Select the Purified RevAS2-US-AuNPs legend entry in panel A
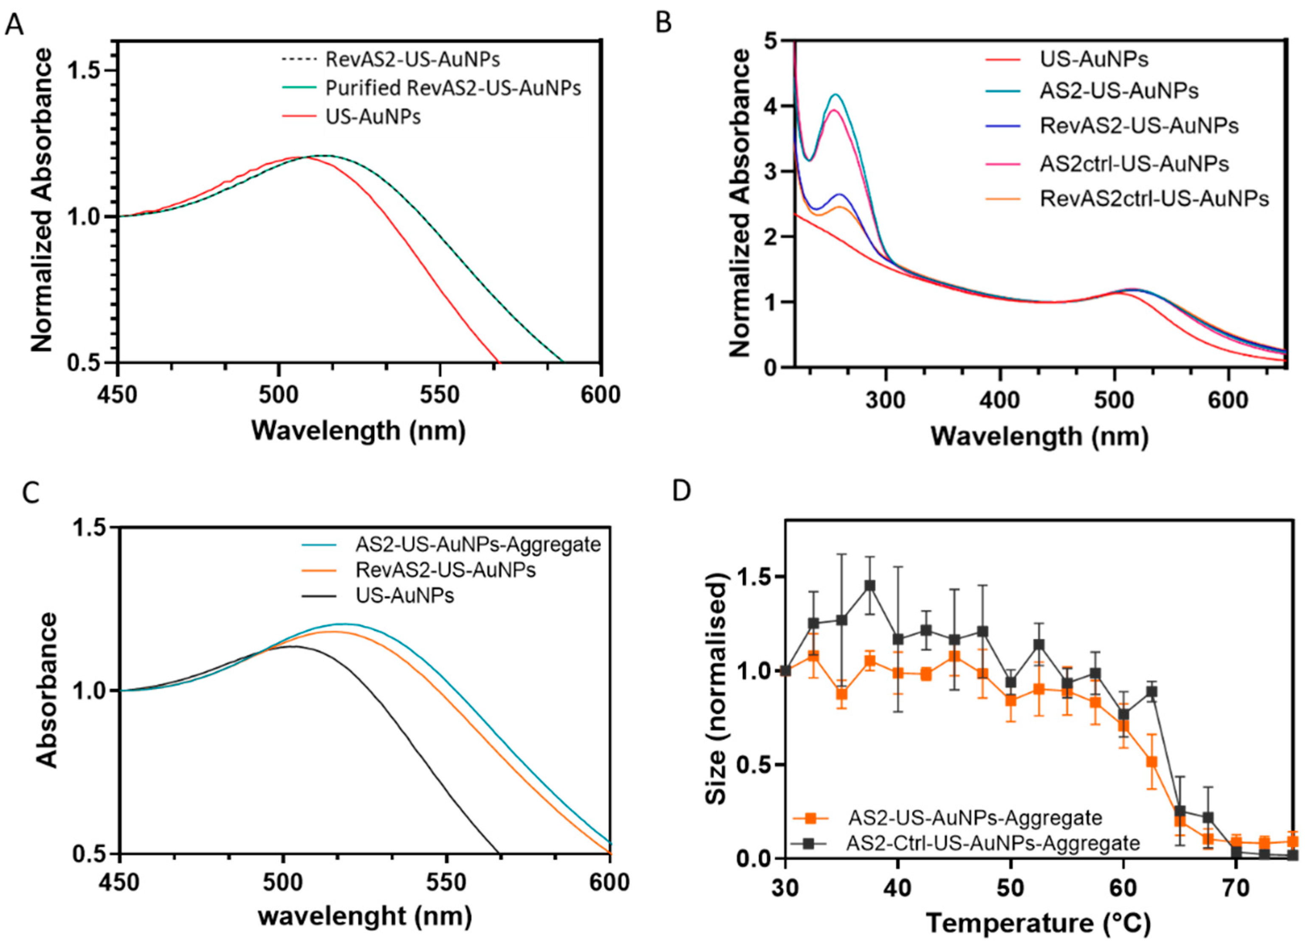(x=453, y=88)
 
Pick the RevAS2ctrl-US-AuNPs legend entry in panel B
(x=1154, y=199)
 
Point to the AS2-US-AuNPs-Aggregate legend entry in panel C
(x=478, y=544)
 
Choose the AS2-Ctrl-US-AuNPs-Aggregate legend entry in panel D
(x=992, y=843)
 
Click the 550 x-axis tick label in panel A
(x=439, y=395)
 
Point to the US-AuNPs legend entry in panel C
(x=404, y=595)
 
